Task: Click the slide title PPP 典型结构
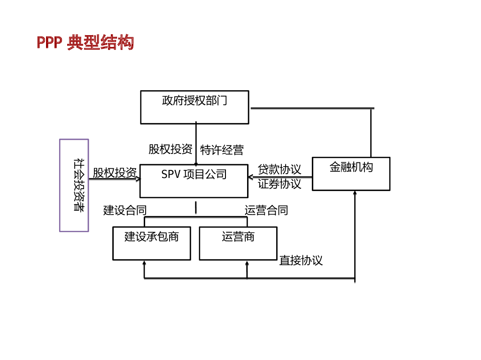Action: click(85, 42)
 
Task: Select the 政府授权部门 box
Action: click(194, 107)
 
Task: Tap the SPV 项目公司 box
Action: click(194, 181)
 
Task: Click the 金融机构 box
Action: click(351, 174)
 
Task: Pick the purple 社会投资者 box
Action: click(74, 185)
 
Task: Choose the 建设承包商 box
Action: click(151, 243)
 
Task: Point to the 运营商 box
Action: click(238, 243)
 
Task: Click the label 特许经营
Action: click(222, 150)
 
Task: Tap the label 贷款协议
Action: click(279, 169)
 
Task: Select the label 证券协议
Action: click(279, 184)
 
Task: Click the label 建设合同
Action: click(125, 210)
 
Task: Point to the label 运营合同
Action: click(266, 210)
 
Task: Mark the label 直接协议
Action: click(301, 260)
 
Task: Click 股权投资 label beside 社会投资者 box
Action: click(114, 172)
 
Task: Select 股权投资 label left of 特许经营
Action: click(170, 149)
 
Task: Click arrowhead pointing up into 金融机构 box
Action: click(355, 193)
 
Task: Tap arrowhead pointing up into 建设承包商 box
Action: click(144, 263)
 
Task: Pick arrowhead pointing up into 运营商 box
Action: click(247, 263)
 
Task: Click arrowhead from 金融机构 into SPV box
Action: click(251, 177)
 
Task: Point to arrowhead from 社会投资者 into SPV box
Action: click(138, 178)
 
